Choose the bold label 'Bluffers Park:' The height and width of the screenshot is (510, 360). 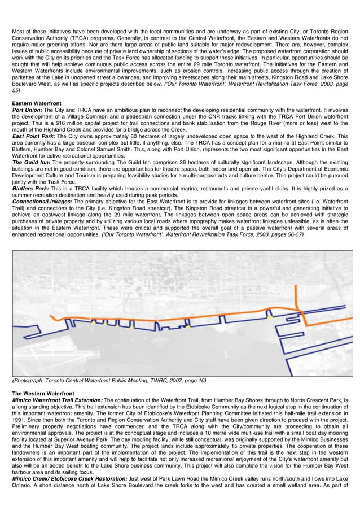pyautogui.click(x=31, y=189)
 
